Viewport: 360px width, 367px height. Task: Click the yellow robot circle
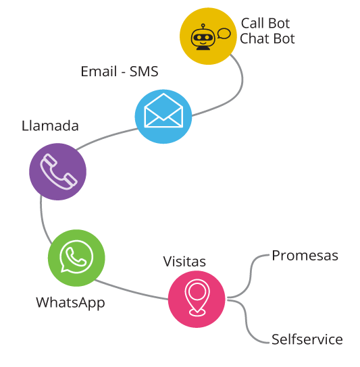click(x=208, y=36)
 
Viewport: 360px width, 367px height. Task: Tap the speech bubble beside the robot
click(x=224, y=34)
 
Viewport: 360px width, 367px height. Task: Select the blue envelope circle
click(x=163, y=116)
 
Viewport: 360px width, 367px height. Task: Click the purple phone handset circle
click(x=57, y=171)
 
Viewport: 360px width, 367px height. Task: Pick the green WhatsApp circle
click(x=76, y=258)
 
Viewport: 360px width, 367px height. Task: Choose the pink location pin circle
click(x=197, y=299)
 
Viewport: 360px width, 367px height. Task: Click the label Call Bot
click(x=265, y=23)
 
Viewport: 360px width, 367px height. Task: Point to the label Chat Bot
click(x=267, y=38)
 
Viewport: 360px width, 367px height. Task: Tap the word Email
click(x=99, y=71)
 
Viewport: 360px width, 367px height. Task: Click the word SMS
click(x=144, y=72)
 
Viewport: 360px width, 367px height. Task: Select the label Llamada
click(x=50, y=125)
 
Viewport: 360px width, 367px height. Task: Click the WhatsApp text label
click(x=70, y=303)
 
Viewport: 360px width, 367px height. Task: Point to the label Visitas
click(x=184, y=262)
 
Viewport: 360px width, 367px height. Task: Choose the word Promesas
click(x=305, y=256)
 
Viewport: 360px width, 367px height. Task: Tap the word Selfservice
click(x=307, y=339)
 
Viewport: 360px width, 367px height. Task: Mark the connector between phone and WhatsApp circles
click(x=42, y=220)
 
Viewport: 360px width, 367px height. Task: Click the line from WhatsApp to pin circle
click(x=130, y=291)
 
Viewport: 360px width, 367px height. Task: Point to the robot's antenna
click(x=203, y=27)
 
